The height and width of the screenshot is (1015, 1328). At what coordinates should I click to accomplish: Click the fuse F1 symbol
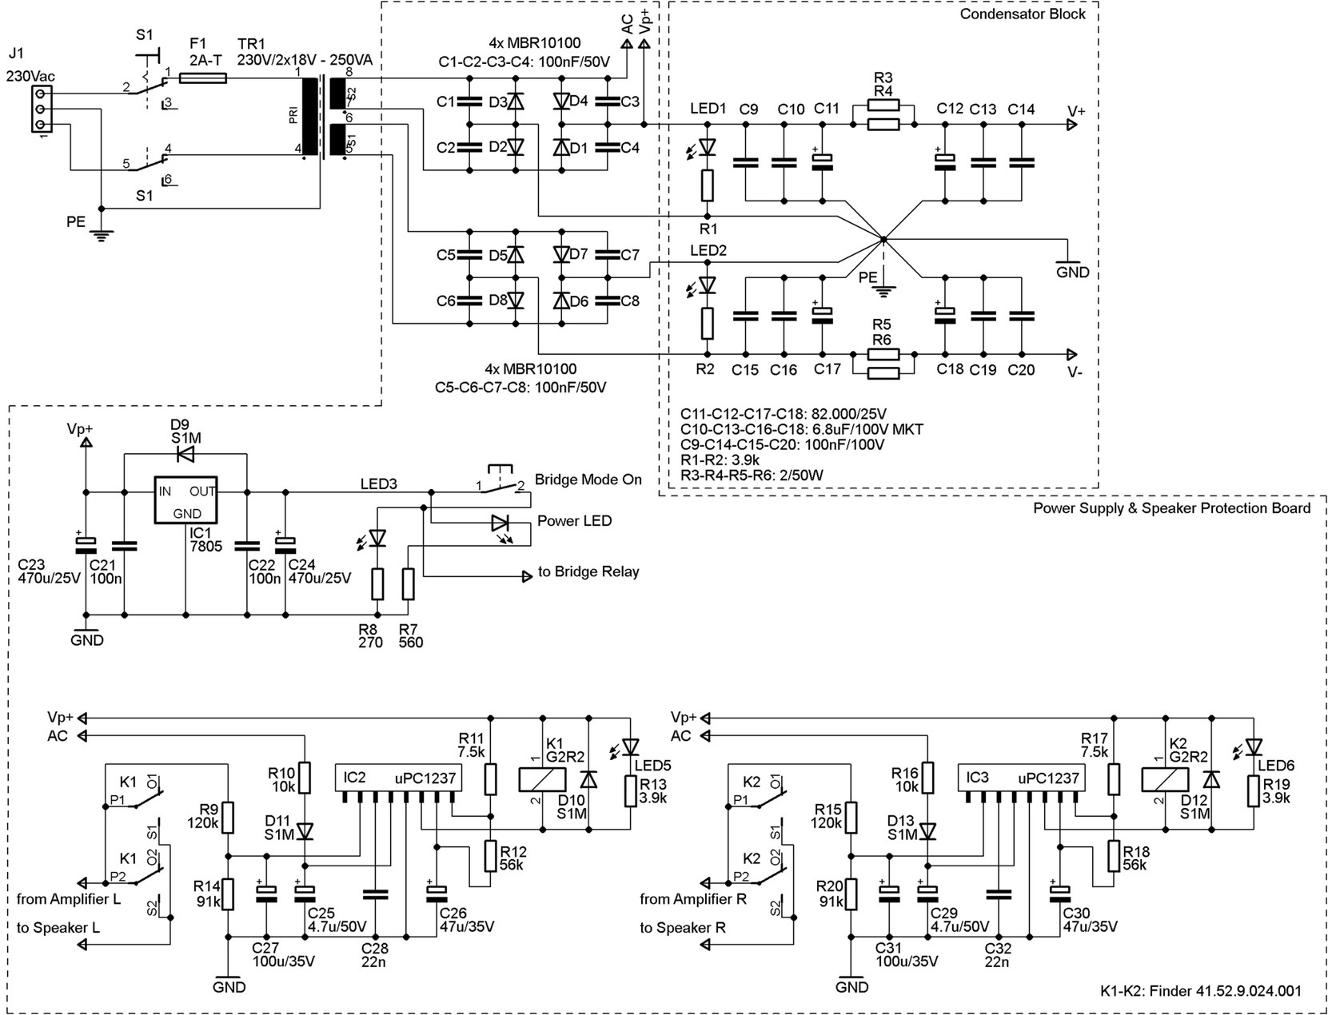(203, 78)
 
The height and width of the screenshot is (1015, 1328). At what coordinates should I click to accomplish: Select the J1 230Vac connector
(41, 109)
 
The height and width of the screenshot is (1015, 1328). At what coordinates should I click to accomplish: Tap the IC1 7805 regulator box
(185, 500)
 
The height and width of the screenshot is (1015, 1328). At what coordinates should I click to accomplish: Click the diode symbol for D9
(185, 454)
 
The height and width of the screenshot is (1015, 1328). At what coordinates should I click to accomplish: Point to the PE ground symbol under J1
(101, 234)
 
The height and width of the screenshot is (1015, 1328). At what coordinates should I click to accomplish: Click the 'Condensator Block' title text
(1023, 14)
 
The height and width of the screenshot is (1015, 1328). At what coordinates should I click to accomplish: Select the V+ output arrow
(1071, 125)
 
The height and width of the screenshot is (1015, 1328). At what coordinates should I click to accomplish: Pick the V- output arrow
(1071, 353)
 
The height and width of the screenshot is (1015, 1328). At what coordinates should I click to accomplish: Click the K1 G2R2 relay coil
(542, 779)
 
